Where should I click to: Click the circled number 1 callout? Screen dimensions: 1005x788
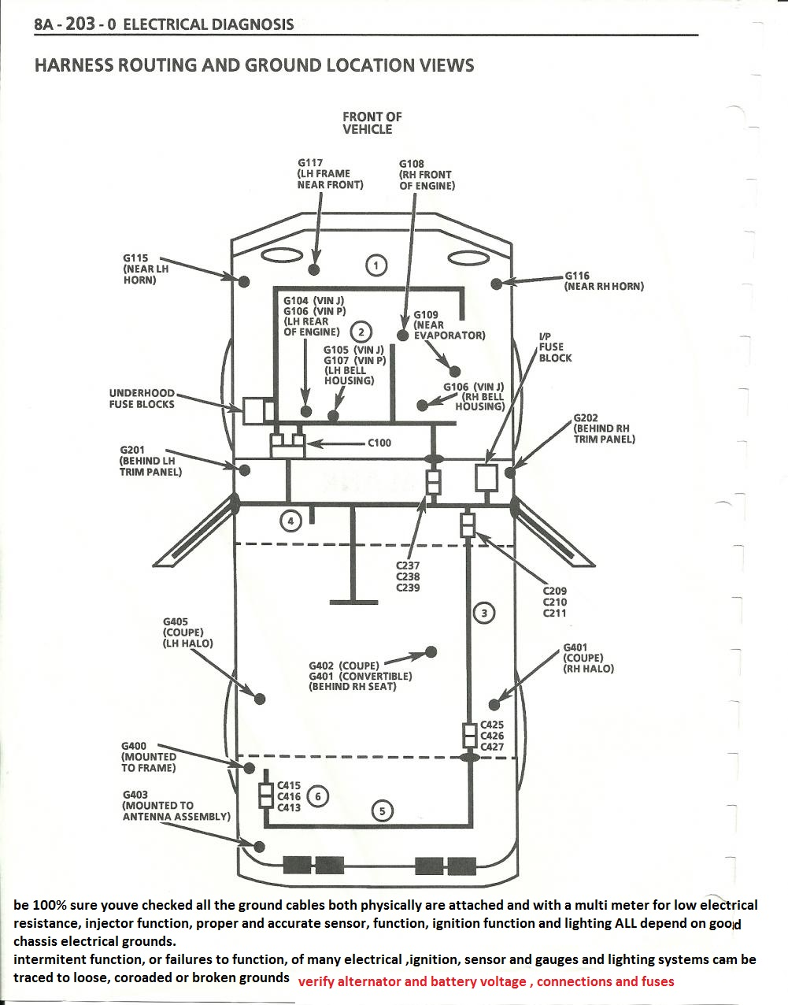(x=376, y=265)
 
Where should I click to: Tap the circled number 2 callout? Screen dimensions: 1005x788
(x=361, y=332)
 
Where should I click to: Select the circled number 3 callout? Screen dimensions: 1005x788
(x=484, y=613)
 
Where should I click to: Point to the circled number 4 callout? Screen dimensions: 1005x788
(x=291, y=521)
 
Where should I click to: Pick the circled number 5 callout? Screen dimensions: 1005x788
(x=382, y=810)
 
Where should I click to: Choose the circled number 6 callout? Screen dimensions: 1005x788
(x=317, y=796)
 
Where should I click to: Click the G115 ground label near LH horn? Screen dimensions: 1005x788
(x=146, y=269)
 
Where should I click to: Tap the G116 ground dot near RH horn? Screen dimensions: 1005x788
(x=497, y=284)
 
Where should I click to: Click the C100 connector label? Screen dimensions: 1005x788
(x=379, y=443)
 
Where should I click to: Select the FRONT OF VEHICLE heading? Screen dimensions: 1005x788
(x=372, y=123)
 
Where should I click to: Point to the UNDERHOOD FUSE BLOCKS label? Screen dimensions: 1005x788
(x=142, y=399)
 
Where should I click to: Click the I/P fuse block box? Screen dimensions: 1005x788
(x=487, y=477)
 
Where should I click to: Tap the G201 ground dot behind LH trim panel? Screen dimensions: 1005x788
(x=245, y=470)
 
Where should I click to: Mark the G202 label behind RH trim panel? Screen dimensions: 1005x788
(x=604, y=428)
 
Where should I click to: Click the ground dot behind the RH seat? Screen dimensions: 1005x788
(x=431, y=651)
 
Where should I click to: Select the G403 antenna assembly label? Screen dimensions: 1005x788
(x=176, y=806)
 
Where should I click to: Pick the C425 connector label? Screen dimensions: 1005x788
(x=492, y=725)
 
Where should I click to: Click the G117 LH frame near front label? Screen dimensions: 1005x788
(x=330, y=174)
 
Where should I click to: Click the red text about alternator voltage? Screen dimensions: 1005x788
(x=486, y=981)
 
